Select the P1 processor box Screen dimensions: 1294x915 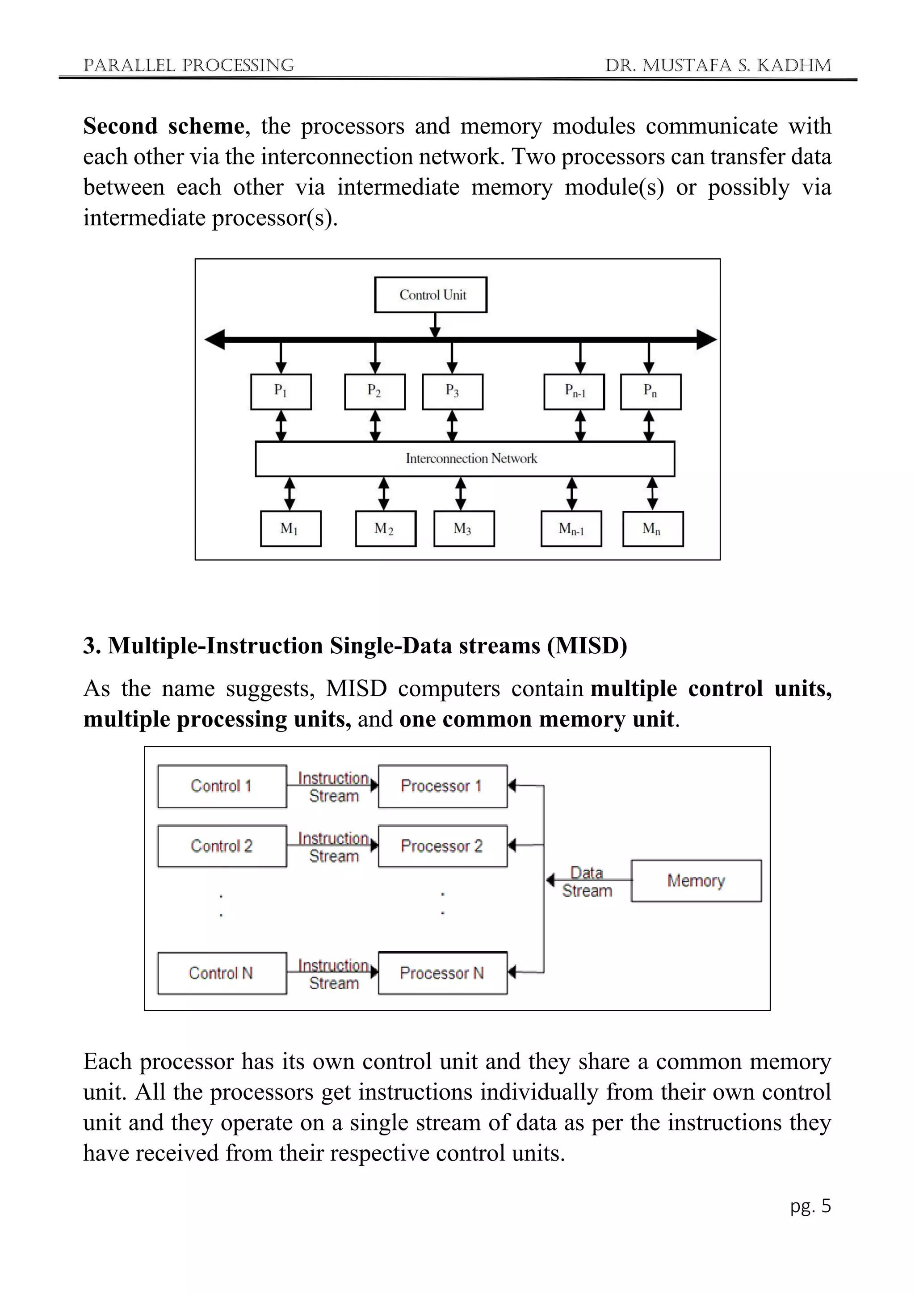281,392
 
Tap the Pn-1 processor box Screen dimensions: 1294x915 574,392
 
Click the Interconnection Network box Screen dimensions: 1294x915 465,459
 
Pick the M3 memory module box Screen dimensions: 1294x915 464,529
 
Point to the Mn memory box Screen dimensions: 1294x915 652,529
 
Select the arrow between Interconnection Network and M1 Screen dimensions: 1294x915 290,494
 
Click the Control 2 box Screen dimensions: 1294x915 222,846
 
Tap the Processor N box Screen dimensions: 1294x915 442,973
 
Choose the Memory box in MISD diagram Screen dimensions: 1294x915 696,880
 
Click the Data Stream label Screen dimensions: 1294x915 587,882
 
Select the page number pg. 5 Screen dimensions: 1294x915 810,1206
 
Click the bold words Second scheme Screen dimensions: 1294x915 164,126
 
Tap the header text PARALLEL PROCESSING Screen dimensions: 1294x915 188,65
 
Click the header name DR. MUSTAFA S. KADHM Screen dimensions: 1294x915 718,65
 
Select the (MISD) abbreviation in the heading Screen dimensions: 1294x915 587,645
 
